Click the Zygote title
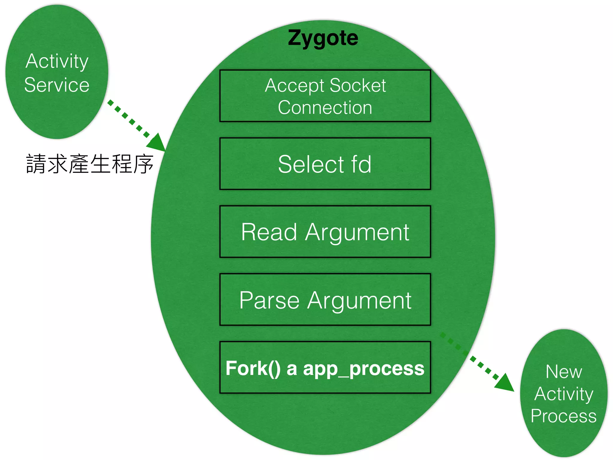coord(323,38)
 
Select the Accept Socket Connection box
coord(325,96)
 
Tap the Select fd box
coord(325,164)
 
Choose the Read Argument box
coord(325,232)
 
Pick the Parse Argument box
coord(325,300)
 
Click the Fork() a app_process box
coord(325,368)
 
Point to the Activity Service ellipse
coord(57,72)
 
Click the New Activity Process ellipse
coord(564,393)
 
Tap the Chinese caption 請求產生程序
coord(90,164)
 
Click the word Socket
coord(358,86)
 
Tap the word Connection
coord(325,108)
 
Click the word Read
coord(269,232)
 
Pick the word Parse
coord(269,300)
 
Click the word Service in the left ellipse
coord(57,85)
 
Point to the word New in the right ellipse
coord(564,372)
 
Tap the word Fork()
coord(253,368)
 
